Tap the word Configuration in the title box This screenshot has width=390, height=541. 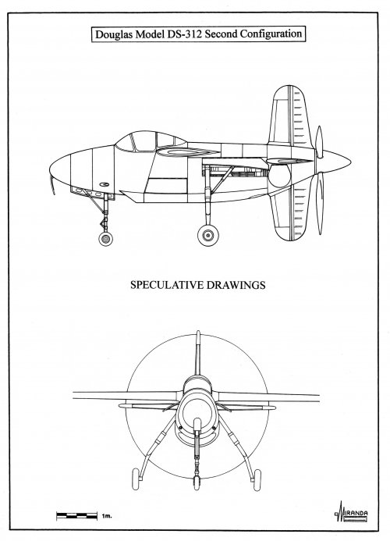click(x=271, y=34)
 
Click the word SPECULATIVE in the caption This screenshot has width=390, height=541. click(x=167, y=285)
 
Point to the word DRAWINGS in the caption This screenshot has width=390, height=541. click(x=236, y=285)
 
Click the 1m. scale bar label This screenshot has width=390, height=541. click(x=107, y=517)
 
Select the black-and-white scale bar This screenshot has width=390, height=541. click(x=77, y=516)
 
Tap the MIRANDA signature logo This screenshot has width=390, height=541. click(x=351, y=511)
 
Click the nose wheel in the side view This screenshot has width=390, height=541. click(x=105, y=239)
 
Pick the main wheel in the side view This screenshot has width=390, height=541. click(x=208, y=235)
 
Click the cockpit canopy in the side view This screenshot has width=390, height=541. click(x=151, y=142)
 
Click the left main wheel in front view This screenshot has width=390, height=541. click(x=136, y=479)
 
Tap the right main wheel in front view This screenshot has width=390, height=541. click(x=257, y=480)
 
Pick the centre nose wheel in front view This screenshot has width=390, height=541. click(x=197, y=482)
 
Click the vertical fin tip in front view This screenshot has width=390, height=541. click(x=198, y=333)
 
